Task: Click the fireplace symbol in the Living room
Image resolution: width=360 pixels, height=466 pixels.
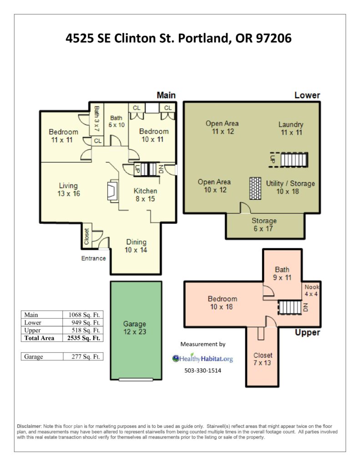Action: point(112,191)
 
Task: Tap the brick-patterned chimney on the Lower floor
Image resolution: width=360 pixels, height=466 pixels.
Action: point(255,188)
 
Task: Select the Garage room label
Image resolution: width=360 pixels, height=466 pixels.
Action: point(135,328)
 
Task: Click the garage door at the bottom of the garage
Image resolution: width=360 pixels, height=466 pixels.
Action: point(136,379)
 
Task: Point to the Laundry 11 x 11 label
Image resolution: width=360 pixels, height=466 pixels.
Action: point(291,128)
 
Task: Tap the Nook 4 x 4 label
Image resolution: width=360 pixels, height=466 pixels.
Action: point(312,290)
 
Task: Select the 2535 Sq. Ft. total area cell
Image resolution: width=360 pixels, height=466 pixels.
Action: point(84,338)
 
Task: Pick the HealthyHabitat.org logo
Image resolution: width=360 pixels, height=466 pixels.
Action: point(203,359)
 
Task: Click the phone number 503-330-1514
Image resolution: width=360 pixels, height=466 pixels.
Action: point(203,370)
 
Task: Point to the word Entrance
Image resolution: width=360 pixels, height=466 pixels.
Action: point(94,258)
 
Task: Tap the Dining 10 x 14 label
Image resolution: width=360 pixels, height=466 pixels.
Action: point(136,246)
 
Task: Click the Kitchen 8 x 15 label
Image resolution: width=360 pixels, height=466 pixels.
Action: point(145,195)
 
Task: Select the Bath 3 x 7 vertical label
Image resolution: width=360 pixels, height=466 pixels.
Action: point(96,119)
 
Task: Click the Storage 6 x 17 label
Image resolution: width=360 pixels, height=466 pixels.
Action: point(264,225)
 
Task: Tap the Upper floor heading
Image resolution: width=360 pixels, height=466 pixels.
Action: point(307,333)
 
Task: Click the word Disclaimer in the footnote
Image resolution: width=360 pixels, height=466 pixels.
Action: point(30,426)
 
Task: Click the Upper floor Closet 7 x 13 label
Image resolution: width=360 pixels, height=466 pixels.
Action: point(263,359)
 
